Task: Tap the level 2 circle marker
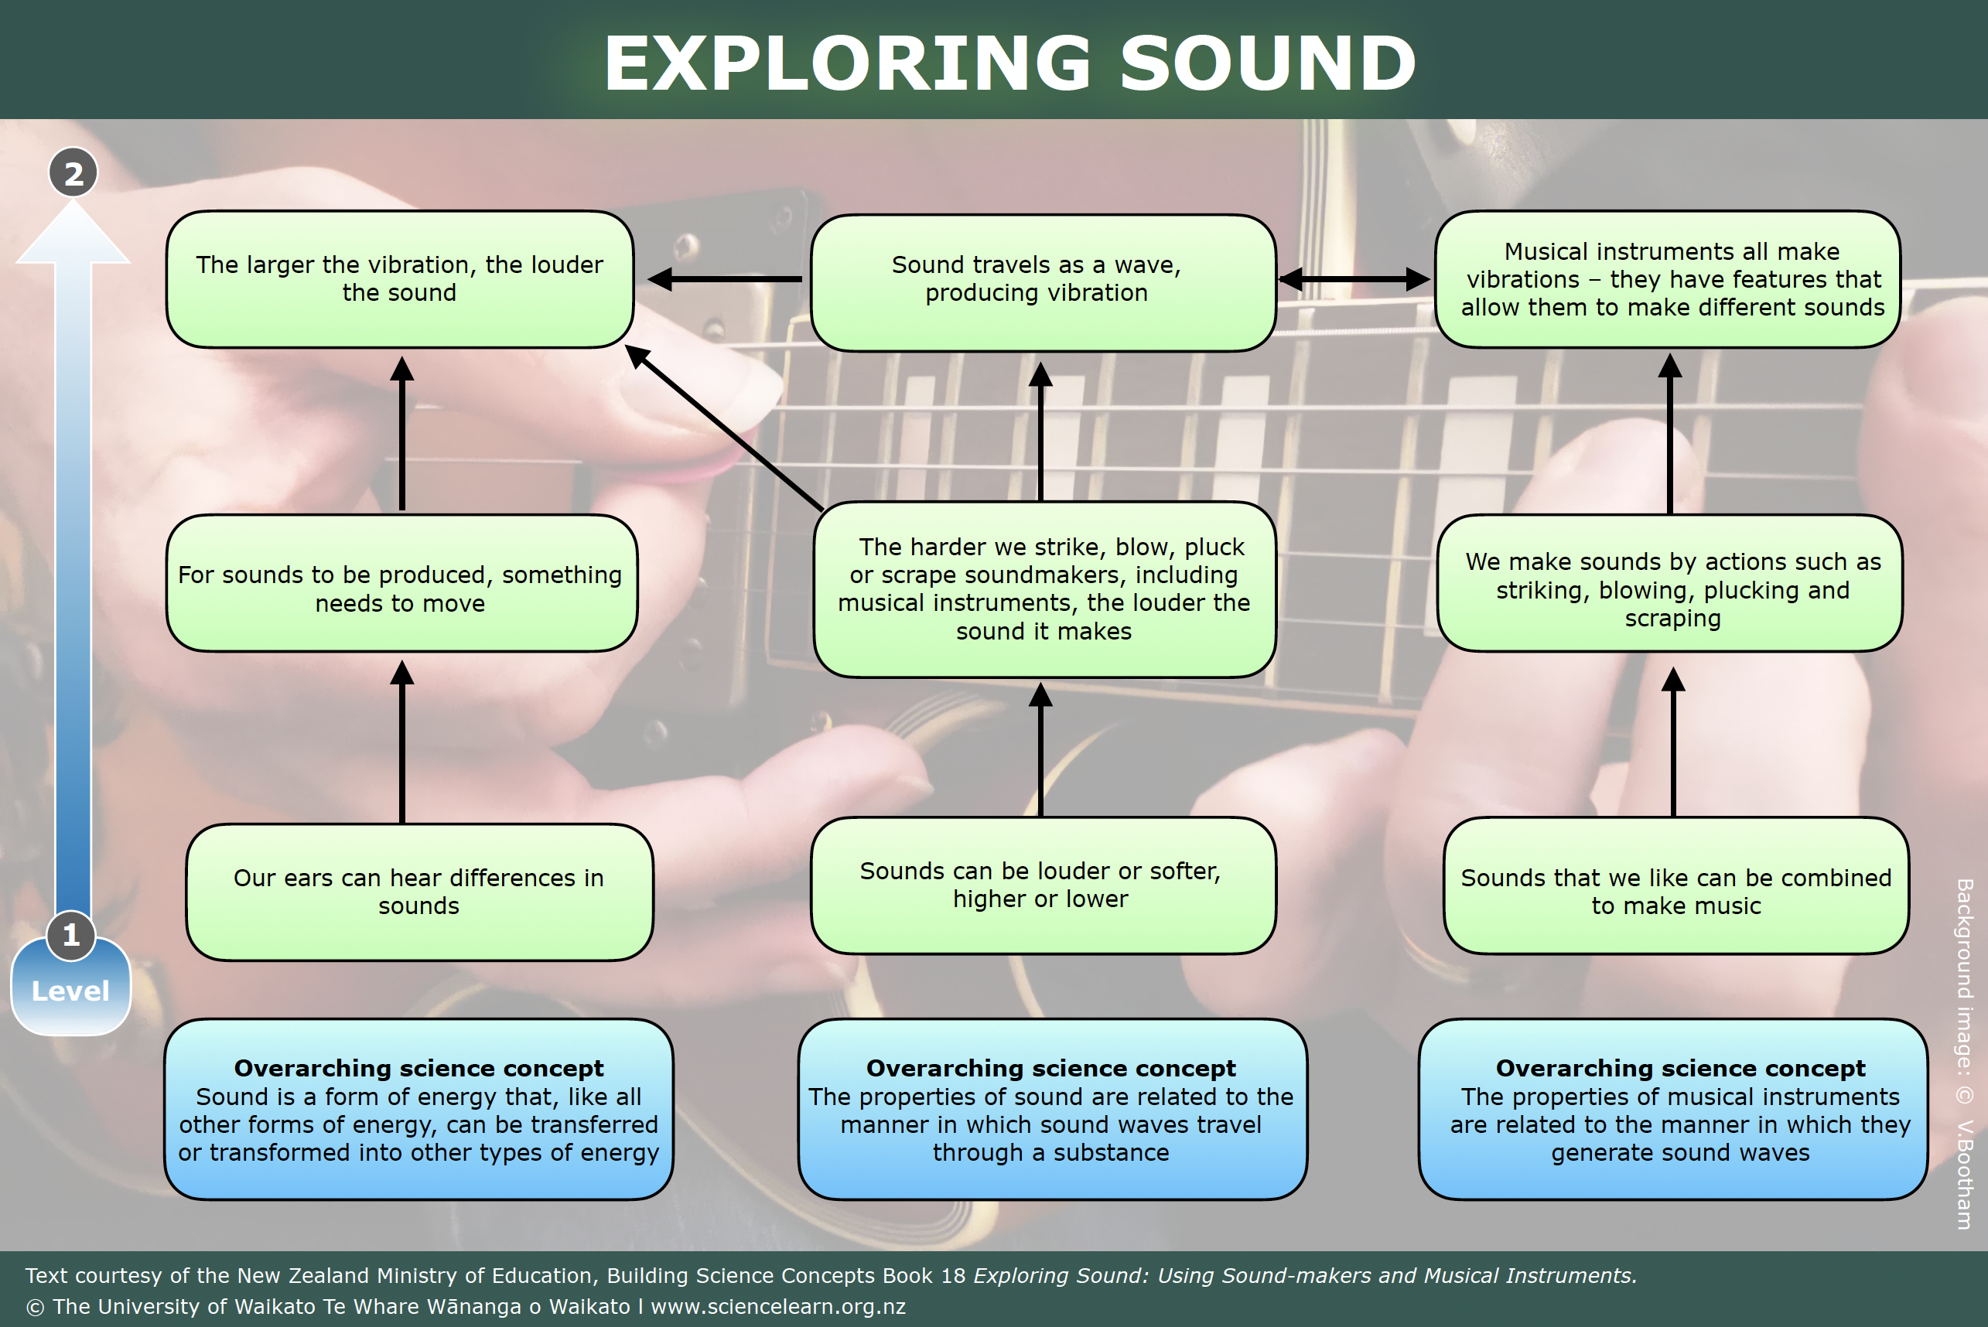tap(73, 172)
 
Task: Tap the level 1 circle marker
tap(71, 935)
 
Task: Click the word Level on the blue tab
tap(70, 991)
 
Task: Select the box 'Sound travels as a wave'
tap(1043, 280)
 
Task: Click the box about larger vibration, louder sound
tap(399, 279)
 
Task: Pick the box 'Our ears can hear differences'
tap(419, 891)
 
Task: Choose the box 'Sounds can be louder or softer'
tap(1043, 885)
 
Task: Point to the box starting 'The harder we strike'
tap(1044, 589)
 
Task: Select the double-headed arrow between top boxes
tap(1354, 278)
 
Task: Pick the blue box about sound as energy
tap(419, 1110)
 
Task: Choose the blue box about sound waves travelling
tap(1052, 1110)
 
